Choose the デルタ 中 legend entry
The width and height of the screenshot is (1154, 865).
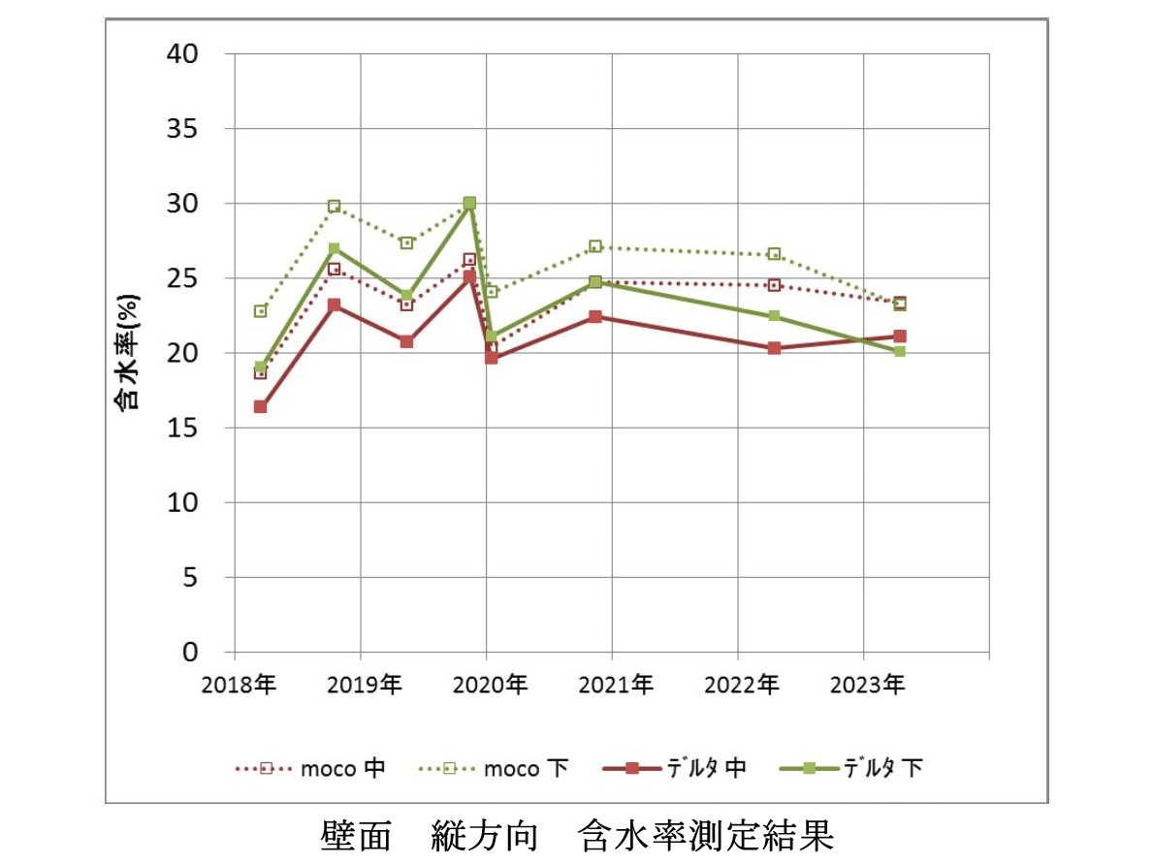674,768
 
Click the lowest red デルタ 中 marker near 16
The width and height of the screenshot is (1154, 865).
260,407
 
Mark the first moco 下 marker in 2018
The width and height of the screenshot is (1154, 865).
260,311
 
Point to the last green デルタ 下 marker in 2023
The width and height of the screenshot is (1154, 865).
899,351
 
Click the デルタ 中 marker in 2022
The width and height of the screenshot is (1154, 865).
774,347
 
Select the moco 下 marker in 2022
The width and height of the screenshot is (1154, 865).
774,254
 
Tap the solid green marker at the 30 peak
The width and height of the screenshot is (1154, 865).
469,204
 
